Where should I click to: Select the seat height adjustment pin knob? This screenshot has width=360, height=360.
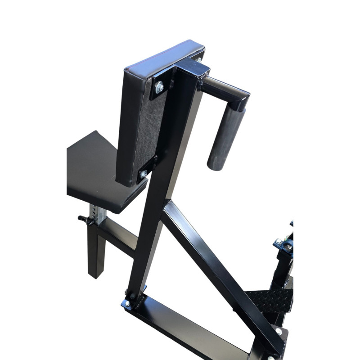pos(83,219)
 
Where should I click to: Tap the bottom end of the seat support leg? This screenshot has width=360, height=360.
pos(96,272)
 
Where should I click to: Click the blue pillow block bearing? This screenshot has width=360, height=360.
pos(283,245)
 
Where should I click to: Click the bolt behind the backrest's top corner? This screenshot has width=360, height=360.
pos(198,59)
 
